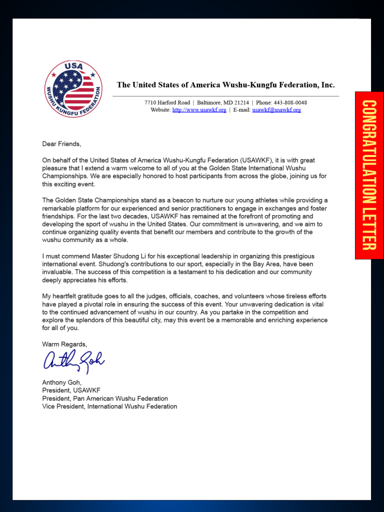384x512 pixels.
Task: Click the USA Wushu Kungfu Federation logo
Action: click(73, 89)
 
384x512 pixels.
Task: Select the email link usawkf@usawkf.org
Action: click(276, 110)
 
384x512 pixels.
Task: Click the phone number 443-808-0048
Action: click(290, 102)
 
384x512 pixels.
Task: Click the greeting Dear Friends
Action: click(61, 144)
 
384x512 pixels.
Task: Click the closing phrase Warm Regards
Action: click(64, 344)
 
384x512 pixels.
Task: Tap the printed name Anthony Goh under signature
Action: click(61, 382)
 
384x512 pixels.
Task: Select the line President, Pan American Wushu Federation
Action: click(105, 398)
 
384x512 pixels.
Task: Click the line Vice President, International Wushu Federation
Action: click(109, 406)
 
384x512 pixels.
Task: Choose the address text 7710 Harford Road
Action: click(167, 102)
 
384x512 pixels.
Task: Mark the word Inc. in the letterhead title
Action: click(327, 85)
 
